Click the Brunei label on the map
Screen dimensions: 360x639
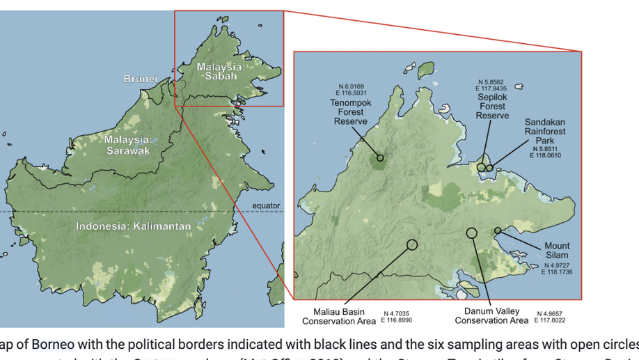pyautogui.click(x=140, y=79)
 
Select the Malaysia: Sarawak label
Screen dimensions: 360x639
pyautogui.click(x=127, y=145)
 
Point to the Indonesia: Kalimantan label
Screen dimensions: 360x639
pyautogui.click(x=133, y=226)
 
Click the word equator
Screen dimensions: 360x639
pyautogui.click(x=266, y=205)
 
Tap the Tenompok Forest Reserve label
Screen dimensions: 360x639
pyautogui.click(x=350, y=111)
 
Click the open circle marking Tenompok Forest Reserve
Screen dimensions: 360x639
pyautogui.click(x=380, y=158)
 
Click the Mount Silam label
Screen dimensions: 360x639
pyautogui.click(x=557, y=251)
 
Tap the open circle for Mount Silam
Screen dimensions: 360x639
pyautogui.click(x=498, y=230)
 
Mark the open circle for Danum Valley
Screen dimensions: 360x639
pyautogui.click(x=471, y=233)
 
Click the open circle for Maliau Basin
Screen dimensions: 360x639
pyautogui.click(x=412, y=244)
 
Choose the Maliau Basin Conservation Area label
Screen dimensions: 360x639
pyautogui.click(x=338, y=317)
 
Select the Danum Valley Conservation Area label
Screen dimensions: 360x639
pyautogui.click(x=491, y=316)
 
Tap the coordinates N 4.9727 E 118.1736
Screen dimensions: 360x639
pyautogui.click(x=556, y=268)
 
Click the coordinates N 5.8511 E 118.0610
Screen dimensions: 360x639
pyautogui.click(x=548, y=152)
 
